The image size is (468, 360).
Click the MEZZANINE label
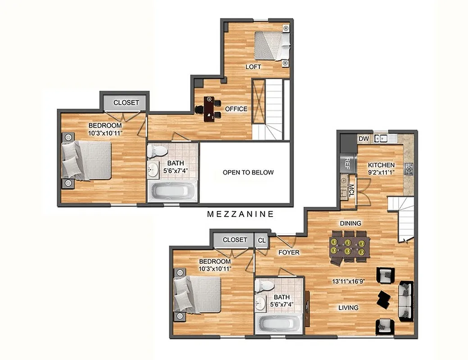pyautogui.click(x=240, y=214)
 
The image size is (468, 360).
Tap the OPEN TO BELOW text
pyautogui.click(x=248, y=172)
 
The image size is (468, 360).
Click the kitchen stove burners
pyautogui.click(x=409, y=169)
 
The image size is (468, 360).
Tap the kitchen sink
pyautogui.click(x=381, y=138)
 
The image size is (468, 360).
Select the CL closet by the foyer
pyautogui.click(x=261, y=240)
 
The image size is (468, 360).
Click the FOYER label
pyautogui.click(x=289, y=252)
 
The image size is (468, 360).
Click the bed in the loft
pyautogui.click(x=271, y=46)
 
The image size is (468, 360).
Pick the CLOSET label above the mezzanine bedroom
pyautogui.click(x=126, y=103)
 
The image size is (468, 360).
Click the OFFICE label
pyautogui.click(x=236, y=109)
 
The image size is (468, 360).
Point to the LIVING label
pyautogui.click(x=349, y=308)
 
